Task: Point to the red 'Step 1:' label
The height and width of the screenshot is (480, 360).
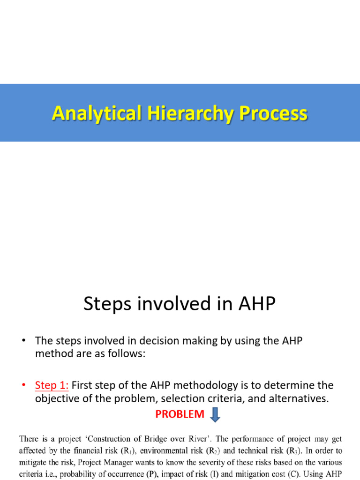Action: coord(52,385)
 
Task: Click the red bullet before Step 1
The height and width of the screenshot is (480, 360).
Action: coord(23,385)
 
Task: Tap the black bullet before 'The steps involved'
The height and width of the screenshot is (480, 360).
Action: coord(23,341)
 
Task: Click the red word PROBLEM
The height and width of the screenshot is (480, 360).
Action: coord(180,414)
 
